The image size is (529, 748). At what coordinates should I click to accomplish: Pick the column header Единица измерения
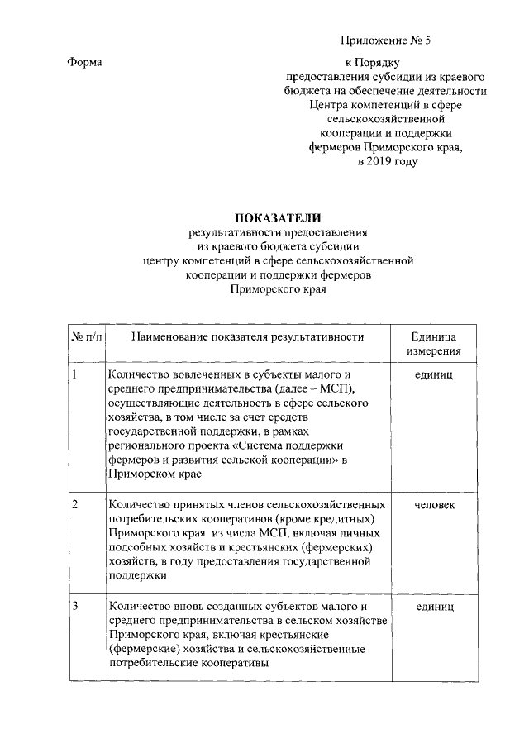click(x=434, y=344)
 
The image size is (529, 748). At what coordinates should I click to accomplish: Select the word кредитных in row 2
click(x=350, y=519)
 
